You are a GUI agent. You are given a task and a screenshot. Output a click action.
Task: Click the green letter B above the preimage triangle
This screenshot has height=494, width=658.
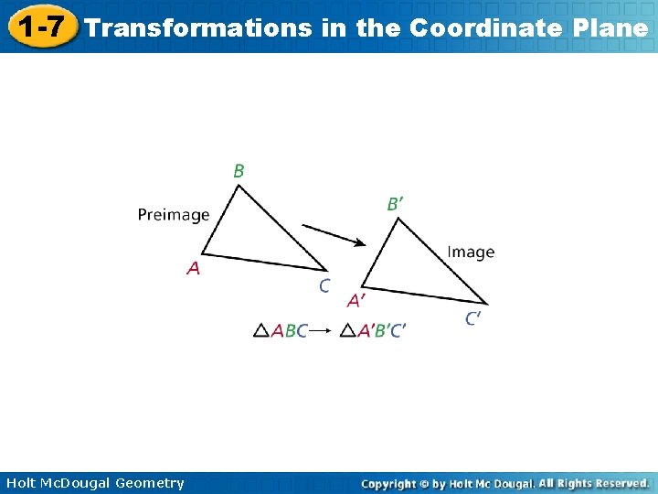point(239,171)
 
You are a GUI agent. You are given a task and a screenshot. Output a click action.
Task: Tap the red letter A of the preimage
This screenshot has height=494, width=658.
point(194,268)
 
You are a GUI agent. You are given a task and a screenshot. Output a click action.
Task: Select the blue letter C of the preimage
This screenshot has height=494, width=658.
point(324,286)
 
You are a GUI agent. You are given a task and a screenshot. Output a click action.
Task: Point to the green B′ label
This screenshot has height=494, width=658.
point(394,204)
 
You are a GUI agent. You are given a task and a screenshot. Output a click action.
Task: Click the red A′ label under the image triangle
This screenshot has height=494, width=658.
point(356,300)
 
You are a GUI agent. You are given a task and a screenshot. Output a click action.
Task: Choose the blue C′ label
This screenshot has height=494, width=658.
point(473,318)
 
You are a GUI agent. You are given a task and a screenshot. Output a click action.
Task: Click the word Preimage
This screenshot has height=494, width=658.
point(174,216)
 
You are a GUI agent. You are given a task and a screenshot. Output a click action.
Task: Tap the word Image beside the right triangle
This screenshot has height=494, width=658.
point(471,252)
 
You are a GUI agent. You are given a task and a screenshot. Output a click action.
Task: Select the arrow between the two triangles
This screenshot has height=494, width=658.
point(334,234)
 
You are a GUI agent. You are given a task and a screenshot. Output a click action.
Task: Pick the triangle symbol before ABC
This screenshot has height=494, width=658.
point(261,331)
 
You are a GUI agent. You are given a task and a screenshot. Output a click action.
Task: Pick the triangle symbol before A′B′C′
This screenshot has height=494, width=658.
point(347,331)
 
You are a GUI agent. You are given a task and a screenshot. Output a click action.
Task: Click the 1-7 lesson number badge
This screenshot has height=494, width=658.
point(39,27)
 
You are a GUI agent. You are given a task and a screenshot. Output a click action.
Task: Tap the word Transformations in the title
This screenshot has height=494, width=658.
point(198,27)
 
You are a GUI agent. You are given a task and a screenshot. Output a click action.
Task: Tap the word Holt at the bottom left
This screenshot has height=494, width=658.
point(22,483)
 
